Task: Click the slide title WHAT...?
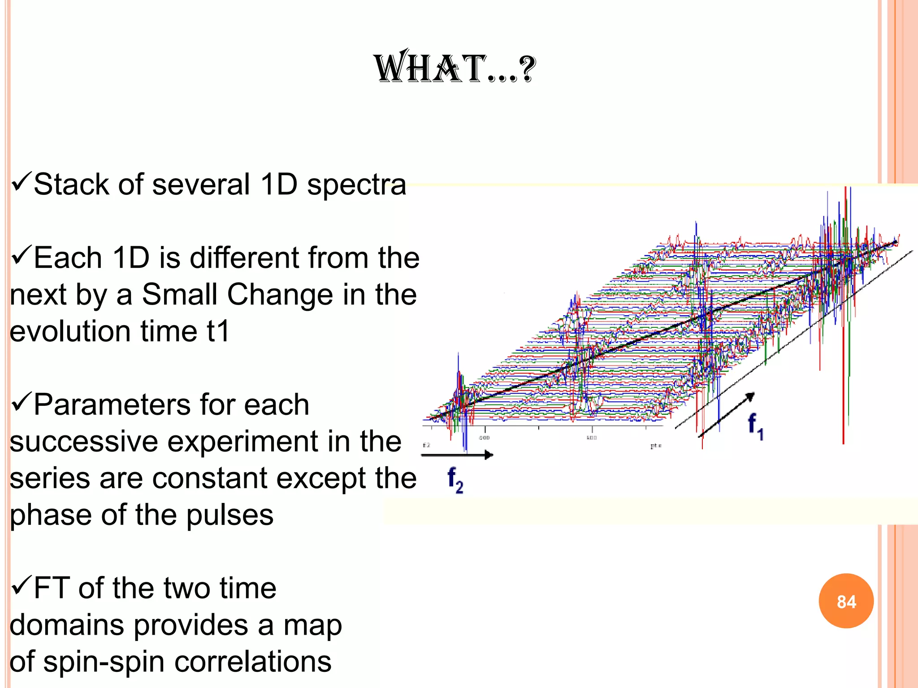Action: click(x=455, y=68)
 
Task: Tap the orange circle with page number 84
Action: click(x=846, y=601)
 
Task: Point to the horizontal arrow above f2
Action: click(x=457, y=455)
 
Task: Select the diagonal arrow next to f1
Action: click(x=726, y=414)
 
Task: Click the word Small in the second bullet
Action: click(x=179, y=294)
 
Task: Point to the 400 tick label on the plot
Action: click(x=484, y=438)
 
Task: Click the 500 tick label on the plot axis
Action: click(x=592, y=438)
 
